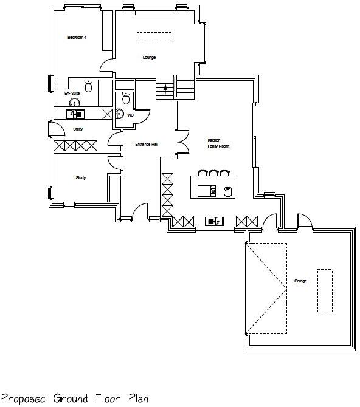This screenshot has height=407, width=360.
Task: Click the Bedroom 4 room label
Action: pyautogui.click(x=77, y=38)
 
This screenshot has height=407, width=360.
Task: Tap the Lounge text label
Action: pyautogui.click(x=149, y=58)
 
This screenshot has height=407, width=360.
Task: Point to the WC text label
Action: pyautogui.click(x=130, y=115)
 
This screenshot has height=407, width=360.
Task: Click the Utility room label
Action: pyautogui.click(x=78, y=129)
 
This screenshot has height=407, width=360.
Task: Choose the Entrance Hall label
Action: pyautogui.click(x=146, y=145)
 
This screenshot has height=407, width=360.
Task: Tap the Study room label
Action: pyautogui.click(x=80, y=178)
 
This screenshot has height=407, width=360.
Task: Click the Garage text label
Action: pyautogui.click(x=300, y=281)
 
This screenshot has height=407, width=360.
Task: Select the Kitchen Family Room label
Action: pyautogui.click(x=218, y=143)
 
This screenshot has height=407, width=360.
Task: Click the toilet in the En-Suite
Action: pyautogui.click(x=89, y=87)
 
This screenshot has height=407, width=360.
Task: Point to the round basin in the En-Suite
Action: pyautogui.click(x=75, y=103)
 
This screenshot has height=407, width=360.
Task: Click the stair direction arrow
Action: pyautogui.click(x=164, y=90)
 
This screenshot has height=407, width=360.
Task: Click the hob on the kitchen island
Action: pyautogui.click(x=213, y=191)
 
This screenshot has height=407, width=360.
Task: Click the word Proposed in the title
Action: pyautogui.click(x=22, y=398)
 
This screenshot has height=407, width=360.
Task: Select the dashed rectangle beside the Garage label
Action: pyautogui.click(x=325, y=290)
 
